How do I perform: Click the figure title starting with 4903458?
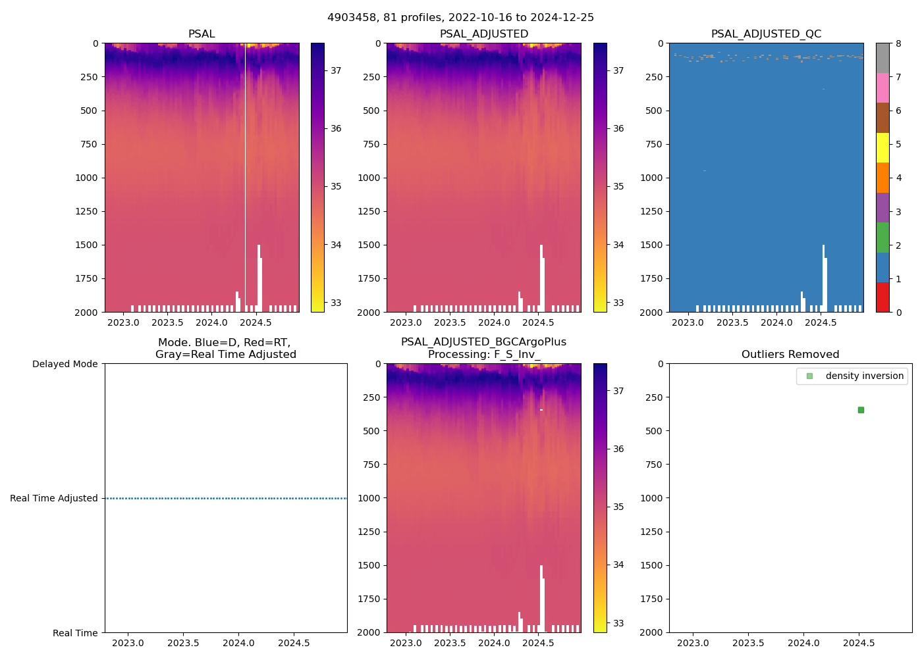pyautogui.click(x=460, y=18)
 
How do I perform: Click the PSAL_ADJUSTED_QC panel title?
pyautogui.click(x=766, y=34)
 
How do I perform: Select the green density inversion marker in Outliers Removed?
pyautogui.click(x=861, y=410)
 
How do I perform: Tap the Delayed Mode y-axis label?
pyautogui.click(x=65, y=364)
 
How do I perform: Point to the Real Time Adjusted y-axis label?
pyautogui.click(x=54, y=498)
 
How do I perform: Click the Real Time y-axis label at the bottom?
pyautogui.click(x=75, y=633)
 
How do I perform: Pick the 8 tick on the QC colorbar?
pyautogui.click(x=899, y=43)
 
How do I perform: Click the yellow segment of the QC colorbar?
pyautogui.click(x=882, y=148)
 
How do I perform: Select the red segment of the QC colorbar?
pyautogui.click(x=882, y=297)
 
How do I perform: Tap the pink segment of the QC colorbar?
pyautogui.click(x=882, y=88)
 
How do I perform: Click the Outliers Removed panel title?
pyautogui.click(x=790, y=355)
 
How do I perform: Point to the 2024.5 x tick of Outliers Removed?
pyautogui.click(x=859, y=643)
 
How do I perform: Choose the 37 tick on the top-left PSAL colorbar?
pyautogui.click(x=336, y=70)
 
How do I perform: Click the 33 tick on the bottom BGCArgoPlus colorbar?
pyautogui.click(x=618, y=623)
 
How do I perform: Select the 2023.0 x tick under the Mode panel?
pyautogui.click(x=128, y=643)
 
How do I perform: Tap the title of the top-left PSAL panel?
pyautogui.click(x=202, y=34)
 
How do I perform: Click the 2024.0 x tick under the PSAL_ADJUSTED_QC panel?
pyautogui.click(x=776, y=322)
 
